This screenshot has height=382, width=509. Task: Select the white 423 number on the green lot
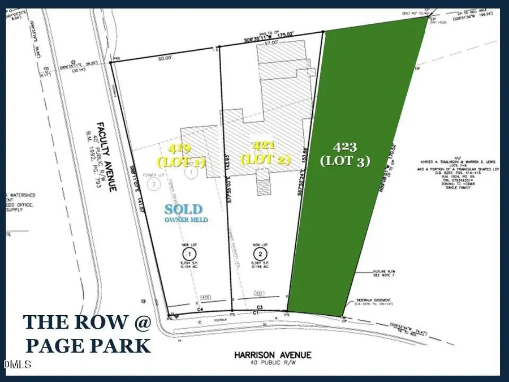[344, 147]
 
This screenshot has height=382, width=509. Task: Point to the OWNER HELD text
[186, 219]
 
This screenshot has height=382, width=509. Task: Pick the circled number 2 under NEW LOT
[260, 252]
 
